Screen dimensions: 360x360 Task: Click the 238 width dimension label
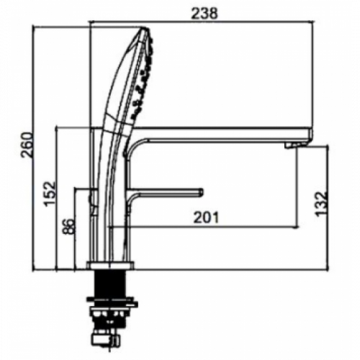[204, 14]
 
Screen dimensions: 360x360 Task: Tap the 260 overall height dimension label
[27, 145]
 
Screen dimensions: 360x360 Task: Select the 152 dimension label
[50, 194]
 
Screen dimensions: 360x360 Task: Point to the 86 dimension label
[68, 227]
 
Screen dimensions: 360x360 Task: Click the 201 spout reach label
[207, 217]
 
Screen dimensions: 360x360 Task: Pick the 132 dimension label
[321, 204]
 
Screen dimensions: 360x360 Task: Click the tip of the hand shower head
[145, 28]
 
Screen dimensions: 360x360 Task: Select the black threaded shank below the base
[110, 284]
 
